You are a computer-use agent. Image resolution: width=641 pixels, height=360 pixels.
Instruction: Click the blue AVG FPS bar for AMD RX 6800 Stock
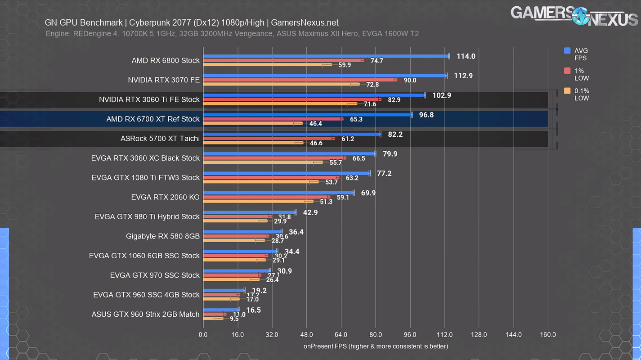point(326,56)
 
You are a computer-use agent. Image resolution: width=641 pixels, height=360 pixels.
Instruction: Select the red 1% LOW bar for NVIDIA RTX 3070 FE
point(300,80)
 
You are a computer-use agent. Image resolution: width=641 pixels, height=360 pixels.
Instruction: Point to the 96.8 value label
point(426,115)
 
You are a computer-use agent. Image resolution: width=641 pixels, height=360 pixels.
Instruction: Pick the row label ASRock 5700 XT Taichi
point(160,139)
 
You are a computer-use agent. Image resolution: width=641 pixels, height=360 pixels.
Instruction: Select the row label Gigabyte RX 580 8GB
point(163,236)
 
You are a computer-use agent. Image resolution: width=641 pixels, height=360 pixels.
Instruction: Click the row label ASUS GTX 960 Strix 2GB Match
point(145,314)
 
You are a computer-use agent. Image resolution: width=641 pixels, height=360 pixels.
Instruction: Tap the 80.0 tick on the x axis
point(376,335)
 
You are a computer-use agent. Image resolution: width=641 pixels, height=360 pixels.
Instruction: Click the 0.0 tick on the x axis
point(203,335)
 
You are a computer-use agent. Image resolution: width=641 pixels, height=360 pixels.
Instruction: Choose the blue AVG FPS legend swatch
point(567,51)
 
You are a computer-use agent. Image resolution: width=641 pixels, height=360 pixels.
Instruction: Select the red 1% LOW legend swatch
point(567,71)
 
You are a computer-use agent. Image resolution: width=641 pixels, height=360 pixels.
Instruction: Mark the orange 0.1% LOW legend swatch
point(567,91)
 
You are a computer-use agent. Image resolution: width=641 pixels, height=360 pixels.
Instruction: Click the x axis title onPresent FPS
point(376,346)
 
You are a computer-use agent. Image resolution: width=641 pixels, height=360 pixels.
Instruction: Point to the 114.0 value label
point(466,56)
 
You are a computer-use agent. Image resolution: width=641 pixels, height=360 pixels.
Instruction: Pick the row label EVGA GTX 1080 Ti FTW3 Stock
point(145,178)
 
